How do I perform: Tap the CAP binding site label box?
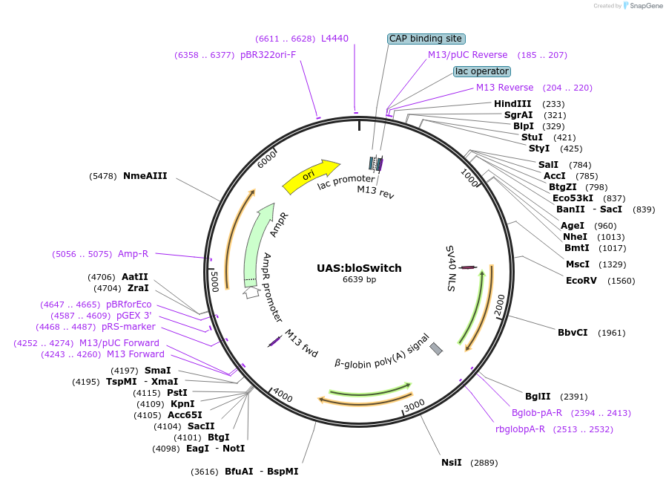pos(426,39)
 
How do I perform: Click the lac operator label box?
pos(482,71)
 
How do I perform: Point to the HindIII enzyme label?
pos(512,104)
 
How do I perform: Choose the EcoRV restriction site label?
pos(581,281)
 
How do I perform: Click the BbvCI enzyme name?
pos(573,332)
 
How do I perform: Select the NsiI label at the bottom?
pos(451,463)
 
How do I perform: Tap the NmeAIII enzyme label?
pos(145,176)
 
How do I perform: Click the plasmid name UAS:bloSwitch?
pos(359,268)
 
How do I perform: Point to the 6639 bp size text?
pos(359,280)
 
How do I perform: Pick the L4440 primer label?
pos(334,39)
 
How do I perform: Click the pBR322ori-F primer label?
pos(268,55)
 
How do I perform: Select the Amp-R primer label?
pos(133,254)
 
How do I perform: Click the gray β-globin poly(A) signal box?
pos(436,348)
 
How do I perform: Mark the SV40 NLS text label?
pos(450,267)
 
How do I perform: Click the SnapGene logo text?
pos(644,6)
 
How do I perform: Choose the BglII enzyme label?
pos(538,397)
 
